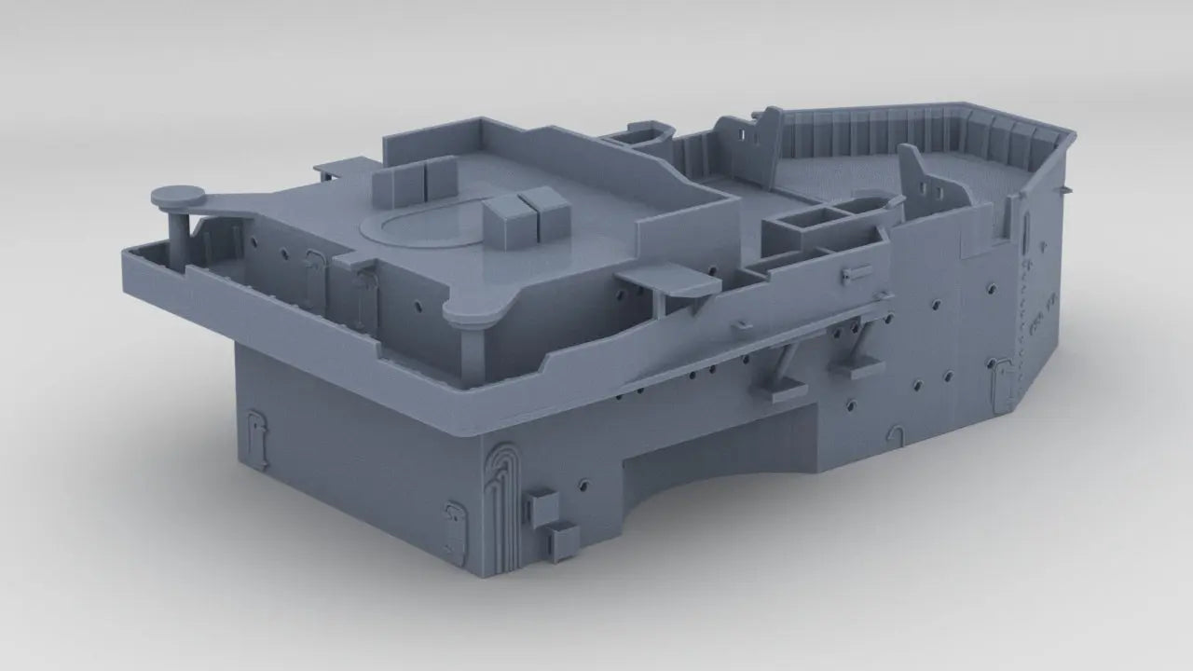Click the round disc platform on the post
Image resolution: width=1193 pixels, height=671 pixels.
176,196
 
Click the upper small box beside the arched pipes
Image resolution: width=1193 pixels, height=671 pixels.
542,507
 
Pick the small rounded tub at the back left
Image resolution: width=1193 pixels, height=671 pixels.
642,134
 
